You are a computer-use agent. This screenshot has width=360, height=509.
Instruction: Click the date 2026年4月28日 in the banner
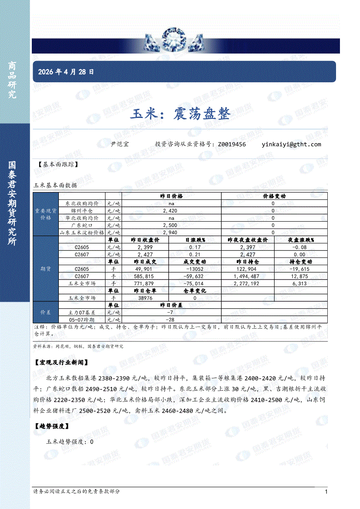tap(66, 72)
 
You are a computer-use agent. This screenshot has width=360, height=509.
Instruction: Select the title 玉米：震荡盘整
tap(180, 114)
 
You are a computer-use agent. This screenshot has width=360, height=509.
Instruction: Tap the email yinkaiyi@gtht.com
tap(291, 144)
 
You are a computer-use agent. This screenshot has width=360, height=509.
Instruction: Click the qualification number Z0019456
tap(232, 144)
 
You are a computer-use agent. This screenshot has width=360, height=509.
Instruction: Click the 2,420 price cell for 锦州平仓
tap(171, 211)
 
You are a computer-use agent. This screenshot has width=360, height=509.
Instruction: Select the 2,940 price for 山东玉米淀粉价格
tap(171, 233)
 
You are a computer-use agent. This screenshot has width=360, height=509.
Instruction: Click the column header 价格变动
tap(274, 196)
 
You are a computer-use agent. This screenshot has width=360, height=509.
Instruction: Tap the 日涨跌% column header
tap(195, 240)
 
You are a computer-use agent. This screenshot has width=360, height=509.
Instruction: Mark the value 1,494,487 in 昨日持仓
tap(246, 276)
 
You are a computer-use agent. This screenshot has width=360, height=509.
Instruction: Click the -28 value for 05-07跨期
tap(171, 320)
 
